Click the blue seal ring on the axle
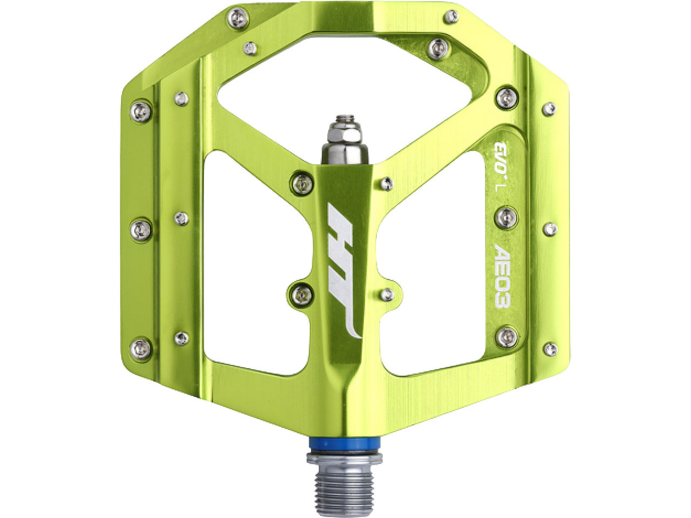343,444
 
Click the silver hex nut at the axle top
344,128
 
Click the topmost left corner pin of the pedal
238,18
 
